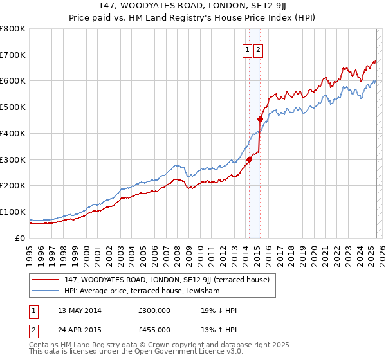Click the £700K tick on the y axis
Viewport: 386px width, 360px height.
pos(14,55)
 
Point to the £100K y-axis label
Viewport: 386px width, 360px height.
pos(14,212)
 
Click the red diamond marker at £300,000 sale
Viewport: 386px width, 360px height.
pos(249,159)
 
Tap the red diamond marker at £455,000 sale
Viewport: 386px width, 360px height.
pos(260,119)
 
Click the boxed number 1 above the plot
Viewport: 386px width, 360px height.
pos(247,51)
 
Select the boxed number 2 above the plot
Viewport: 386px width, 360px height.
pos(259,51)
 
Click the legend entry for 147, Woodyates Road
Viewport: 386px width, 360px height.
pos(170,280)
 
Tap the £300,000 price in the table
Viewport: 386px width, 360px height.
pos(154,311)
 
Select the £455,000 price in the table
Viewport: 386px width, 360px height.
pos(154,330)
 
